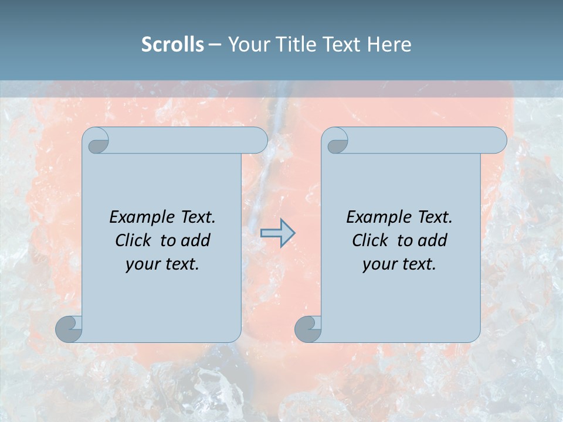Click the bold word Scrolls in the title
[172, 45]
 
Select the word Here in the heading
[389, 45]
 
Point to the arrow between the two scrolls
[277, 233]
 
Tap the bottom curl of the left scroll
[69, 329]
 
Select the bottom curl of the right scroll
[308, 329]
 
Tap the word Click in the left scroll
[134, 241]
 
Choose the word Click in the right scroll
[371, 241]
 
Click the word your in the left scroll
[142, 264]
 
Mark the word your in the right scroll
[379, 264]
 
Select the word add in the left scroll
[195, 241]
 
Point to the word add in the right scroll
[432, 241]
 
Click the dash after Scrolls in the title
[215, 45]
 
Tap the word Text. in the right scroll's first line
[435, 217]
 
